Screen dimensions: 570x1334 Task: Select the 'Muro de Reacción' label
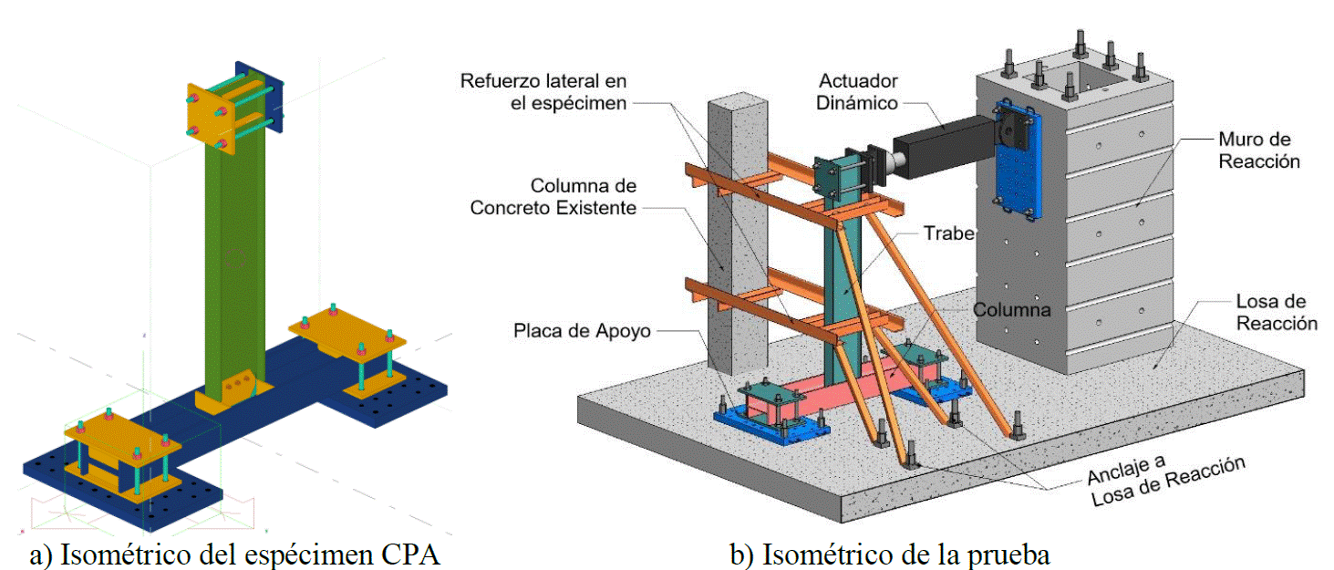coord(1258,150)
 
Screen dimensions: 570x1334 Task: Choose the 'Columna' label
coord(1011,310)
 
